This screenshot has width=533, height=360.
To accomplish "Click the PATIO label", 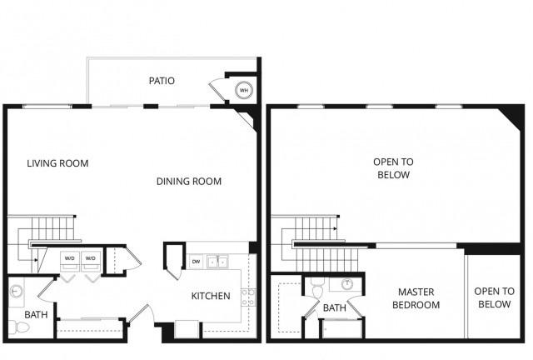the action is pyautogui.click(x=162, y=81).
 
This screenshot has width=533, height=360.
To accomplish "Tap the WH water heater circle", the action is pyautogui.click(x=244, y=90).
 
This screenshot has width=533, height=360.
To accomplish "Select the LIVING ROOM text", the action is pyautogui.click(x=57, y=163).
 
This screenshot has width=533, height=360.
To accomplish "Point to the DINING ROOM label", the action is pyautogui.click(x=189, y=182).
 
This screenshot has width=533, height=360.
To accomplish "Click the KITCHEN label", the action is pyautogui.click(x=211, y=296).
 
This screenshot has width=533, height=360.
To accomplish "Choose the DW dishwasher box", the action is pyautogui.click(x=197, y=262).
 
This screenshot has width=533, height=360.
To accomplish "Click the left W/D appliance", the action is pyautogui.click(x=70, y=261).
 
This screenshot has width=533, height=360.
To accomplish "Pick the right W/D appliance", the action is pyautogui.click(x=91, y=261).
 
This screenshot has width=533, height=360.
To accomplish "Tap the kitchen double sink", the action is pyautogui.click(x=218, y=262).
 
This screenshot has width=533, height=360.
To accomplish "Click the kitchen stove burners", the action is pyautogui.click(x=248, y=297).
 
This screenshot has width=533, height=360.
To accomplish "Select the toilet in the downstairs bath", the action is pyautogui.click(x=18, y=327).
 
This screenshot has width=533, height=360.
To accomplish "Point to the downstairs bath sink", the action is pyautogui.click(x=16, y=292).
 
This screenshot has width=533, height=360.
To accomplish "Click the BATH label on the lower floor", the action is pyautogui.click(x=36, y=315).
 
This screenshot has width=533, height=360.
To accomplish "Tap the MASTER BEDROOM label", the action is pyautogui.click(x=416, y=298).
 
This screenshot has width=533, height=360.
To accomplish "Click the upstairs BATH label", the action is pyautogui.click(x=335, y=308).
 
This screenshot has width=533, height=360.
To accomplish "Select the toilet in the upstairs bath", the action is pyautogui.click(x=317, y=289).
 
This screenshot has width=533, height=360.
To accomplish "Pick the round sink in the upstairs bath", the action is pyautogui.click(x=347, y=284).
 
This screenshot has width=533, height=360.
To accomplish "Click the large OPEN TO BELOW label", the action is pyautogui.click(x=393, y=168).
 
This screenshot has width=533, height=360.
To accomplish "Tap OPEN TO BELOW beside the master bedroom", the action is pyautogui.click(x=494, y=297).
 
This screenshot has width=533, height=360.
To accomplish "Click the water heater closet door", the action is pyautogui.click(x=217, y=91).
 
